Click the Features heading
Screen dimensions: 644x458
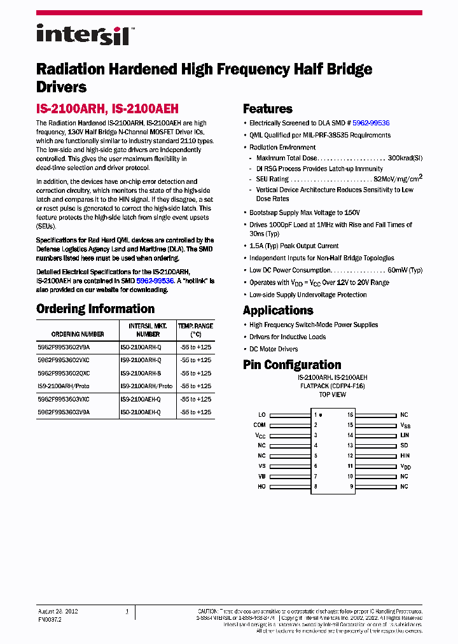tap(268, 109)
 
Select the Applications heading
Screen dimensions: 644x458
tap(278, 311)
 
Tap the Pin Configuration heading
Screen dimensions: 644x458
tap(292, 365)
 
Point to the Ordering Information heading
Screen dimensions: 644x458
tap(95, 309)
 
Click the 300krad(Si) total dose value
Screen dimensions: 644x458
tap(405, 157)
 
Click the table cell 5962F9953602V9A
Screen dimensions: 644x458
tap(64, 347)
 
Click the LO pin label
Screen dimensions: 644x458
tap(262, 415)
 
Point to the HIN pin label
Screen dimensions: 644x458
tap(405, 456)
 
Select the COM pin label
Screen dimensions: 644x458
tap(260, 425)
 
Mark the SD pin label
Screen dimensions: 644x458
tap(403, 445)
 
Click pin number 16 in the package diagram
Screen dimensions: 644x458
tap(350, 415)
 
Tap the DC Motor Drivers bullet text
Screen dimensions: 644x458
tap(274, 349)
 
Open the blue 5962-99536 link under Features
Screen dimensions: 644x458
tap(371, 123)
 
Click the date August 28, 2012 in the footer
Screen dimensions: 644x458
tap(58, 612)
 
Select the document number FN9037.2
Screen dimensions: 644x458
tap(50, 619)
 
